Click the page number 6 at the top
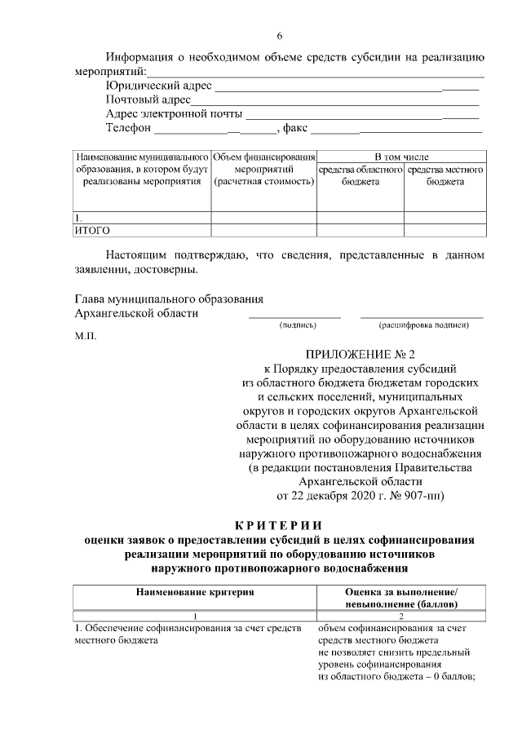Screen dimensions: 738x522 click(x=279, y=36)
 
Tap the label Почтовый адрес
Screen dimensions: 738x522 click(x=148, y=100)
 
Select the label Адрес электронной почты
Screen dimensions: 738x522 click(x=174, y=114)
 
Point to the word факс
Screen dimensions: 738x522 click(x=294, y=129)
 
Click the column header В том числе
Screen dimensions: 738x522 click(x=401, y=157)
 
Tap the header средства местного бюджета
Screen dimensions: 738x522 click(x=445, y=175)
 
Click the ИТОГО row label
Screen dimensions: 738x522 click(x=92, y=231)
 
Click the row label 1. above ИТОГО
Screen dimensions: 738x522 click(x=78, y=219)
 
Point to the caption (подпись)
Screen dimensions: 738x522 click(x=297, y=325)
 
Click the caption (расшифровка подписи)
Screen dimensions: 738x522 click(x=423, y=325)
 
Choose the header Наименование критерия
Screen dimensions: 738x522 click(x=194, y=592)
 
